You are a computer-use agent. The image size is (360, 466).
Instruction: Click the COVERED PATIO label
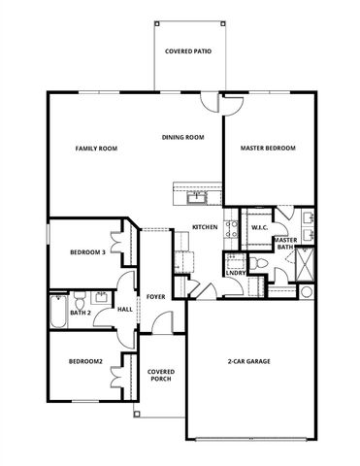188,50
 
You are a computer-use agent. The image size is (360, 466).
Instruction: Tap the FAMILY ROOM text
96,149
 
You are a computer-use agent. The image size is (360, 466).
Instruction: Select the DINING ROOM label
182,138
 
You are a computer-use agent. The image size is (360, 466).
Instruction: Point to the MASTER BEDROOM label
268,149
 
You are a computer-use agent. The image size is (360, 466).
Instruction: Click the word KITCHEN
205,227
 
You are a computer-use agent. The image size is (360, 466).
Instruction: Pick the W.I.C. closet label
259,228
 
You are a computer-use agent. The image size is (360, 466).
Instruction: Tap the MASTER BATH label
285,244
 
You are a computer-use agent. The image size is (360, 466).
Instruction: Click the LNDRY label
234,273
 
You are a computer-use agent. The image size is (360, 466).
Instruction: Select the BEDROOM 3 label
87,252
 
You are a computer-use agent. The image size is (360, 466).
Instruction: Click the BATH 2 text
80,313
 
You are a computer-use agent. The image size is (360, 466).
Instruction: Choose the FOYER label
155,297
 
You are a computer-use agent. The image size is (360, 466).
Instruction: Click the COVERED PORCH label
160,375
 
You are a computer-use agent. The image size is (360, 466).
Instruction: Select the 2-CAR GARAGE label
248,361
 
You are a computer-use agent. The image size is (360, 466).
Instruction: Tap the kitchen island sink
197,194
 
